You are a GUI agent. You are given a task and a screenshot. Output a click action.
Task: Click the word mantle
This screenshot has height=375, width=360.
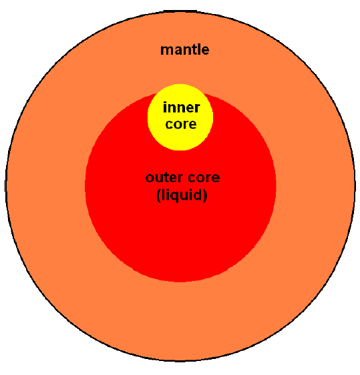(x=184, y=49)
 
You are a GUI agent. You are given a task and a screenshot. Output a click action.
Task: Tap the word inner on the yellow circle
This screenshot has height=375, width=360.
(x=181, y=107)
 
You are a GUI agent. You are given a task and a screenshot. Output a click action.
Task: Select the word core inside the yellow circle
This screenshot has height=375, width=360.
(x=181, y=124)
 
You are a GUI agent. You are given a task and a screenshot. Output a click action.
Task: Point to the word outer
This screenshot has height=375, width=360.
(x=164, y=177)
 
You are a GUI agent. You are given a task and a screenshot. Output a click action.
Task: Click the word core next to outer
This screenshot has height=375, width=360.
(x=204, y=177)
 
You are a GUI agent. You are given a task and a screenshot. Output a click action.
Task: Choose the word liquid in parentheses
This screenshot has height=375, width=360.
(x=182, y=194)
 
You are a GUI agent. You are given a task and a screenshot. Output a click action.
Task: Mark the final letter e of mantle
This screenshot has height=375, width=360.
(x=205, y=51)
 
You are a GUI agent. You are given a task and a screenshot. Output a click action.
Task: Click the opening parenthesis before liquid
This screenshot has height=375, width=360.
(x=159, y=196)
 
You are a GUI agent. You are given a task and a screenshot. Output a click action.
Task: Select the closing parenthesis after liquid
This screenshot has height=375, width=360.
(x=205, y=196)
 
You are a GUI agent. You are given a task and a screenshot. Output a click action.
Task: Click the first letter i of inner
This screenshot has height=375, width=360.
(x=164, y=107)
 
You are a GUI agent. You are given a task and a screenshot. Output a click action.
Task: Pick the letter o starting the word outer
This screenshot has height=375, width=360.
(x=150, y=178)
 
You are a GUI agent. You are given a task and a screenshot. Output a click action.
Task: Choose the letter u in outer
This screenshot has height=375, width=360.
(x=160, y=178)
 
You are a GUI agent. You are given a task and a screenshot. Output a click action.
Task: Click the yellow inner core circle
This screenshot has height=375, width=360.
(x=180, y=139)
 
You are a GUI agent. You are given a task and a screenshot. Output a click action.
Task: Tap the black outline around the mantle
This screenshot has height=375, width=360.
(x=6, y=187)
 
